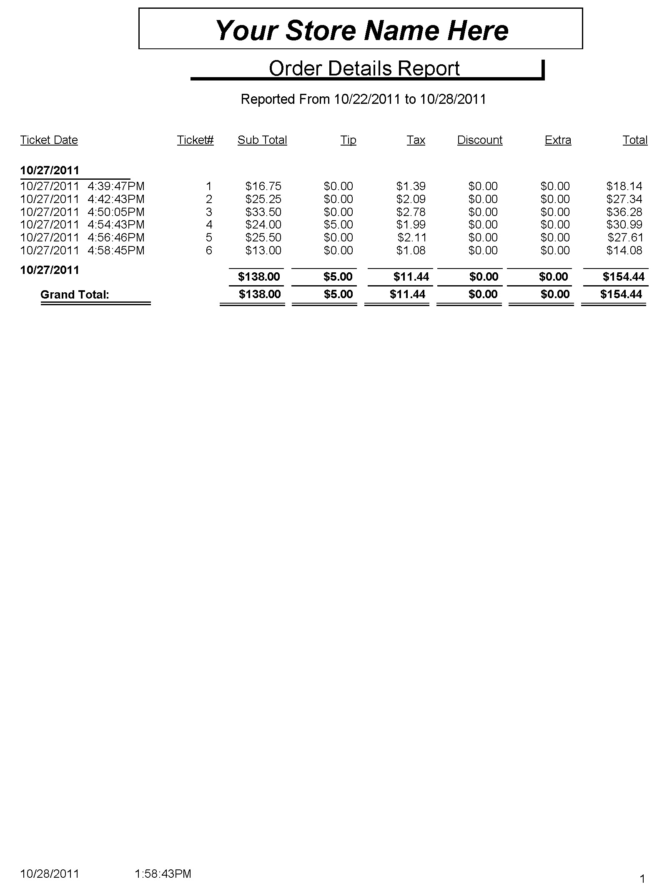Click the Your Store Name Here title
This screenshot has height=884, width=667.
click(361, 30)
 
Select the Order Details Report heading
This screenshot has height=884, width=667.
click(364, 68)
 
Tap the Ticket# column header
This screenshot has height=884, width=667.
click(195, 140)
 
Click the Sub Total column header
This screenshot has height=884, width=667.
click(262, 140)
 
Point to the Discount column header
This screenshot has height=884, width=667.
click(479, 140)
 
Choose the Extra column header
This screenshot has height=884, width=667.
click(557, 140)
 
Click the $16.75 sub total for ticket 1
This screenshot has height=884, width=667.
click(263, 186)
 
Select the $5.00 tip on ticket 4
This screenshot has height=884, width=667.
click(338, 225)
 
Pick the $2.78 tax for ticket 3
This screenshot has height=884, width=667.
click(411, 212)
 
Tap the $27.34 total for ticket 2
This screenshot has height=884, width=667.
click(624, 199)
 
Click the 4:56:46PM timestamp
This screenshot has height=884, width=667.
click(116, 238)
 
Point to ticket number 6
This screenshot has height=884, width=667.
click(209, 251)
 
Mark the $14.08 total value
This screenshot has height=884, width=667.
click(624, 251)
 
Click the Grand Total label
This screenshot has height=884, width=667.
click(75, 295)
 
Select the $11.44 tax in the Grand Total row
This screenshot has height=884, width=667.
click(407, 294)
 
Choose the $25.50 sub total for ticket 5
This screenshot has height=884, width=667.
click(263, 238)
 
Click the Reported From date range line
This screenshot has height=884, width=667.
click(363, 99)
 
